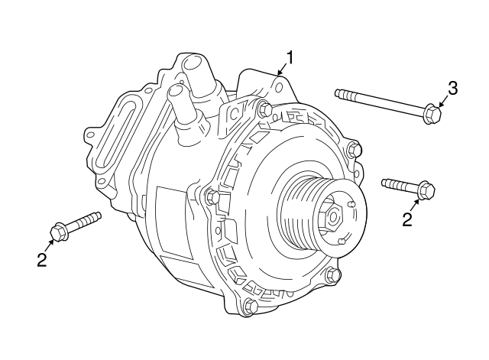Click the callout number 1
290,57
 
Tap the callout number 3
452,88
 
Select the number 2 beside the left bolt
41,260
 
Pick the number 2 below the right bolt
407,219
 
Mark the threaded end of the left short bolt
94,217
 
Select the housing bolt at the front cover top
264,109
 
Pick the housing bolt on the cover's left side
213,198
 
